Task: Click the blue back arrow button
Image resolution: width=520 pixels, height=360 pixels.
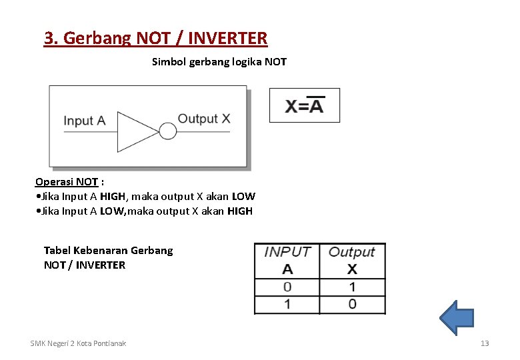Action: pyautogui.click(x=457, y=317)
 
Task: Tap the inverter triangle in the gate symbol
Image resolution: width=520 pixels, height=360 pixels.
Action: pyautogui.click(x=137, y=131)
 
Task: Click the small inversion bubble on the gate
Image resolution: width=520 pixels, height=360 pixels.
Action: pyautogui.click(x=168, y=131)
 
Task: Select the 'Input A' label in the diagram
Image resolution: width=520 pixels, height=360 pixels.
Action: pyautogui.click(x=85, y=121)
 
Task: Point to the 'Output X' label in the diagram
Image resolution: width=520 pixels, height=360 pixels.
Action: pyautogui.click(x=204, y=119)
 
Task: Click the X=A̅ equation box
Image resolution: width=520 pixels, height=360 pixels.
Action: pyautogui.click(x=305, y=105)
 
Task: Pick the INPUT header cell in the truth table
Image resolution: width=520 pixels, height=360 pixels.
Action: pyautogui.click(x=287, y=252)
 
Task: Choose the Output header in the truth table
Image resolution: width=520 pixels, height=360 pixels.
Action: pyautogui.click(x=352, y=252)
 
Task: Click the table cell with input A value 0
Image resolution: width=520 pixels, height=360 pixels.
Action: pyautogui.click(x=287, y=287)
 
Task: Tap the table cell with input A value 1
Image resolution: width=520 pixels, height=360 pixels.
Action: pyautogui.click(x=287, y=304)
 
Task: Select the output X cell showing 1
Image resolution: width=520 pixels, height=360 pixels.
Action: pyautogui.click(x=352, y=287)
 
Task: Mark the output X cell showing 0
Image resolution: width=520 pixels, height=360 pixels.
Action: pyautogui.click(x=352, y=304)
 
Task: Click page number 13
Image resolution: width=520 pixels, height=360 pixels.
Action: pyautogui.click(x=485, y=343)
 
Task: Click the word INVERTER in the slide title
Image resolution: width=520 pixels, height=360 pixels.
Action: pyautogui.click(x=228, y=38)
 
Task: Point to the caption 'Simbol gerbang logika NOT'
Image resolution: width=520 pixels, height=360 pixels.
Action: pyautogui.click(x=219, y=62)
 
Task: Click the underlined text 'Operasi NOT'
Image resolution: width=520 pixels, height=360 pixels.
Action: pyautogui.click(x=67, y=181)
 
